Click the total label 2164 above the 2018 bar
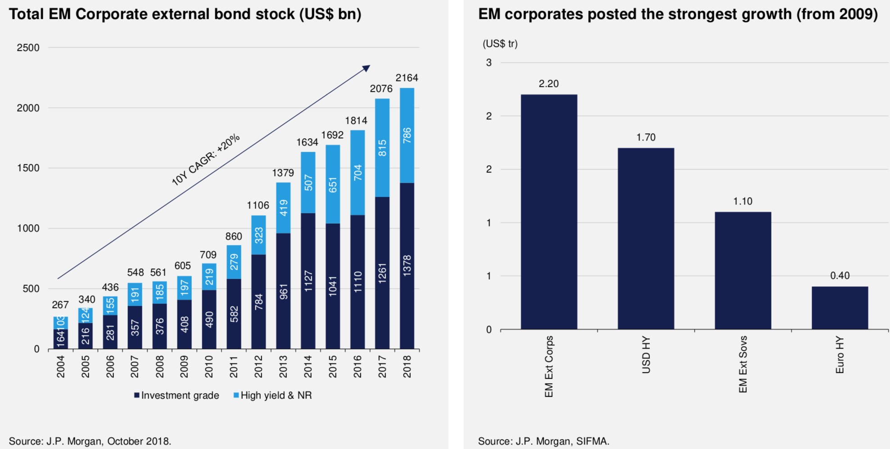(407, 78)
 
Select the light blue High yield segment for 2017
(382, 148)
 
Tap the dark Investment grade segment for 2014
(308, 281)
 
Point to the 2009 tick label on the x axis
(184, 367)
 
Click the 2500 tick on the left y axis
(28, 48)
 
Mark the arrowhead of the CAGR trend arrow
(367, 68)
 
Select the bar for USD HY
(646, 239)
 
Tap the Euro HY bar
(840, 308)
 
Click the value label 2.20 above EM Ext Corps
(549, 84)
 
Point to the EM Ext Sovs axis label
(743, 364)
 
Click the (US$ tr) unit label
(500, 44)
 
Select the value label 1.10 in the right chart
(743, 201)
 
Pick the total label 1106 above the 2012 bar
(258, 205)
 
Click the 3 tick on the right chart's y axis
(489, 63)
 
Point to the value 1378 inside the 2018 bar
(407, 266)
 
